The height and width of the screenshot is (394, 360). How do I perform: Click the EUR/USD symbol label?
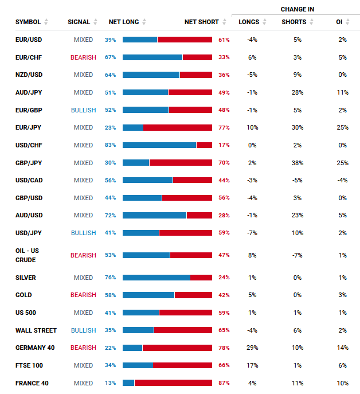tap(28, 40)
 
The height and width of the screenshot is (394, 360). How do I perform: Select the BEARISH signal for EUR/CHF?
tap(83, 57)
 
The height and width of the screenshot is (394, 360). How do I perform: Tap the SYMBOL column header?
tap(28, 22)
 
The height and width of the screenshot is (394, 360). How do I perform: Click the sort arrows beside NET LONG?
tap(144, 22)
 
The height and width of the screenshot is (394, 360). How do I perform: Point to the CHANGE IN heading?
tap(297, 9)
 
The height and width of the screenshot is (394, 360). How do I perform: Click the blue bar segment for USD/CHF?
tap(159, 145)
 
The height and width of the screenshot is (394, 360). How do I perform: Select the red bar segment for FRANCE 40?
tap(173, 383)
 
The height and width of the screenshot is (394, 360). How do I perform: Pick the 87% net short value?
tap(224, 383)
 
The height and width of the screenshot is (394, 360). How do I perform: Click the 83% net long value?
tap(110, 145)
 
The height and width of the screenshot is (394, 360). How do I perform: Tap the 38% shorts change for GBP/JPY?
tap(297, 163)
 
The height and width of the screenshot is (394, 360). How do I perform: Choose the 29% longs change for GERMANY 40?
tap(252, 348)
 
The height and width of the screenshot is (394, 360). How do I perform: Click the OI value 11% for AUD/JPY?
tap(342, 92)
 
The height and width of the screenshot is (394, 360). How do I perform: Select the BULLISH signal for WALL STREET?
tap(83, 330)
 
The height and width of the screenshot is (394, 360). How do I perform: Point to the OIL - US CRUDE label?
tap(27, 255)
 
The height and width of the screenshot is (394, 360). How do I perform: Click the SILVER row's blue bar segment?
tap(156, 278)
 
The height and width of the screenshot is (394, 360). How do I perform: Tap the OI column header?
tap(339, 22)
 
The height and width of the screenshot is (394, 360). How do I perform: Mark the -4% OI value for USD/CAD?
tap(342, 180)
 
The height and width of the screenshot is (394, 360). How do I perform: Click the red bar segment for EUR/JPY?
tap(178, 127)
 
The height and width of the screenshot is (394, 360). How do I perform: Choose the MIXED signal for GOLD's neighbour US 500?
tap(83, 313)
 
